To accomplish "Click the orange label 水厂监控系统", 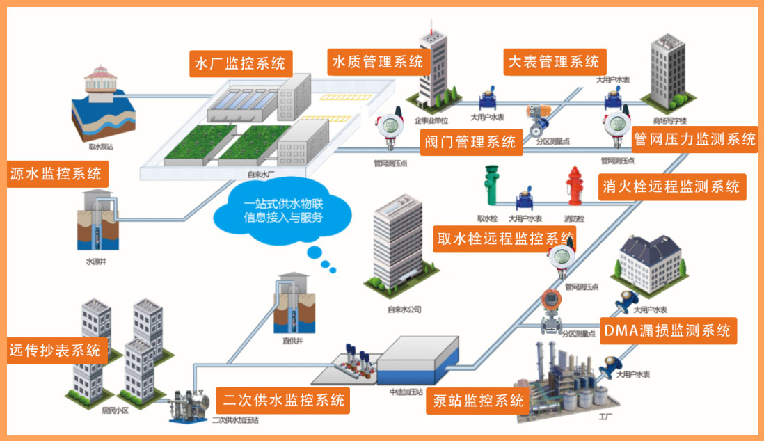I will pyautogui.click(x=240, y=63).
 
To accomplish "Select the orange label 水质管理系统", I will pyautogui.click(x=377, y=62).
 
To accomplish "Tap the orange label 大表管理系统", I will pyautogui.click(x=554, y=62).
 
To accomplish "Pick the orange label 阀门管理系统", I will pyautogui.click(x=470, y=142).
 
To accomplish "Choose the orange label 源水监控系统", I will pyautogui.click(x=56, y=173).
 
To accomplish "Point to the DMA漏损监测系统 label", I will pyautogui.click(x=667, y=330).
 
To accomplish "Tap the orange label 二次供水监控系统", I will pyautogui.click(x=284, y=399).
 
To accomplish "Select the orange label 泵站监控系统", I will pyautogui.click(x=479, y=401).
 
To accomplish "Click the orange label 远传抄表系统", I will pyautogui.click(x=55, y=350).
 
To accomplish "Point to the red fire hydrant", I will pyautogui.click(x=574, y=186).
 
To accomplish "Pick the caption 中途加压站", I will pyautogui.click(x=407, y=392).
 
